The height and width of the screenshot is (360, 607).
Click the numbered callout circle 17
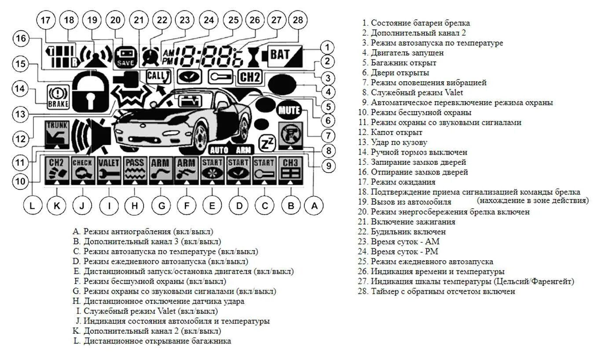click(45, 21)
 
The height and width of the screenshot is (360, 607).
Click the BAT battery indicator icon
click(282, 55)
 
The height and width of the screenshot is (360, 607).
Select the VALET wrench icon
click(109, 170)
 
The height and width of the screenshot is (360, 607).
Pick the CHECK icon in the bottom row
click(83, 170)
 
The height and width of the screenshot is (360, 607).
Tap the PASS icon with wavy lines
click(135, 170)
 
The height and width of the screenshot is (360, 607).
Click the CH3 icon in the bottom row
click(290, 170)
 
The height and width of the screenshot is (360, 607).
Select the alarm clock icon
click(151, 55)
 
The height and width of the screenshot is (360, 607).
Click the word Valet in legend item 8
click(454, 93)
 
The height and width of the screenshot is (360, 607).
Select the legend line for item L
click(152, 341)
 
